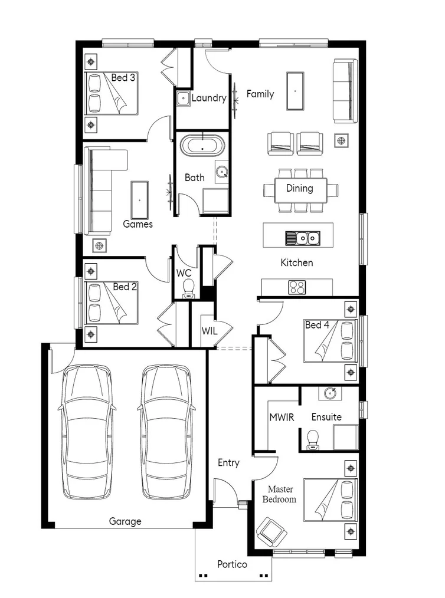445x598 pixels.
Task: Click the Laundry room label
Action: [209, 98]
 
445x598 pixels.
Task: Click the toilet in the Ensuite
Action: [313, 439]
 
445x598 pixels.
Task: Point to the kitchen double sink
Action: [302, 238]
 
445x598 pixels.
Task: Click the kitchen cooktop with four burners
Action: [297, 287]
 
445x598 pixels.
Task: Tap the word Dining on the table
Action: [299, 189]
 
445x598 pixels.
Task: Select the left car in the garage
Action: [87, 431]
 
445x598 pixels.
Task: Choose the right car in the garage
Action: [166, 431]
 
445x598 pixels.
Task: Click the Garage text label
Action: [125, 521]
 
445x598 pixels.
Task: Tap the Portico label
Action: [232, 564]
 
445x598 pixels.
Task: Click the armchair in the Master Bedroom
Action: [271, 531]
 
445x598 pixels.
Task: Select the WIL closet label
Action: [210, 331]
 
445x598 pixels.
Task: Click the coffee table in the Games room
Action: [139, 199]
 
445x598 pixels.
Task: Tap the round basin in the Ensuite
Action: [329, 393]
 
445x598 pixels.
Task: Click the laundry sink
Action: [183, 98]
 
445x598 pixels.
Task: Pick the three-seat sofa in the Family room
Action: [345, 91]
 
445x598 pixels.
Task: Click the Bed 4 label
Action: [317, 325]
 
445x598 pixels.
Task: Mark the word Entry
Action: [228, 463]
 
